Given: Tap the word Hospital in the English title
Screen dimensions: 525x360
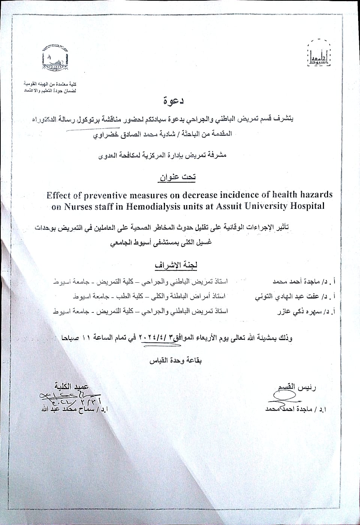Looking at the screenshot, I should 306,206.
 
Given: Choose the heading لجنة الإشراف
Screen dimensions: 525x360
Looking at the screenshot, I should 176,265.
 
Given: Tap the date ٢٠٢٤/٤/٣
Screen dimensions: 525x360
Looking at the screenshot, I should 155,337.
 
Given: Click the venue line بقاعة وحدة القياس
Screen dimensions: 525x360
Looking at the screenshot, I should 176,361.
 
